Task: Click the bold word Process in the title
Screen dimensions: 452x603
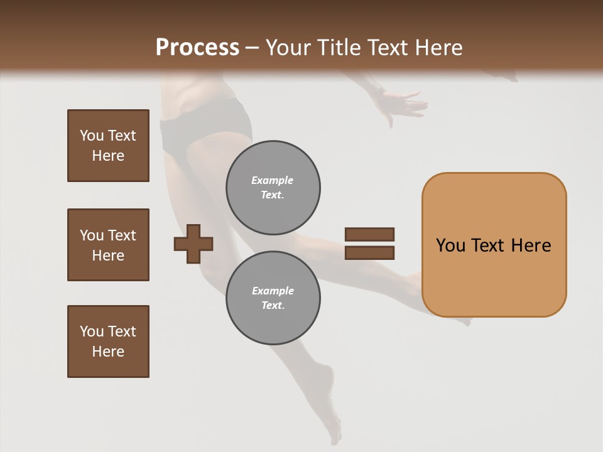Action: (197, 47)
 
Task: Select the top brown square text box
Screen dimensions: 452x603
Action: (108, 146)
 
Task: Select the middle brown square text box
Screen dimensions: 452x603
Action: (108, 245)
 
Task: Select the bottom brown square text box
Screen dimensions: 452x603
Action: (108, 342)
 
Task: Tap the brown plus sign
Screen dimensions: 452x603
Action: (193, 243)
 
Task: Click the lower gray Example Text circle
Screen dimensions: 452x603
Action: (273, 298)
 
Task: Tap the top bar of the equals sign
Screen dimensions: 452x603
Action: (369, 234)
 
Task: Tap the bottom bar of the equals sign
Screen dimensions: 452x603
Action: (369, 253)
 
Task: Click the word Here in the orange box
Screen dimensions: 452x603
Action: (531, 245)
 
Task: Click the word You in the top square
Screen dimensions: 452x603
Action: (92, 136)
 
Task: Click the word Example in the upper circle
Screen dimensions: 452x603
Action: (273, 180)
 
